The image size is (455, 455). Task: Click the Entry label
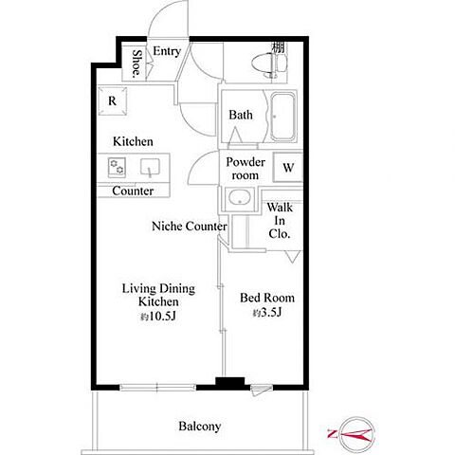pyautogui.click(x=167, y=51)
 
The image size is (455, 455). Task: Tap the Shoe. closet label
pyautogui.click(x=136, y=64)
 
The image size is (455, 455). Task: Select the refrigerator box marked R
pyautogui.click(x=112, y=101)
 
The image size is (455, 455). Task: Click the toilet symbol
pyautogui.click(x=269, y=64)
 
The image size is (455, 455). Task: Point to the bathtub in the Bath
pyautogui.click(x=282, y=117)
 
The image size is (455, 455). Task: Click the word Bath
pyautogui.click(x=241, y=115)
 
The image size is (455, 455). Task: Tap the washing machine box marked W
pyautogui.click(x=288, y=168)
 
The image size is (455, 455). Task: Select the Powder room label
pyautogui.click(x=246, y=169)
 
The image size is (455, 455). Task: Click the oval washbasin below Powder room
pyautogui.click(x=240, y=198)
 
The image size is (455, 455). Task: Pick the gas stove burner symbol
pyautogui.click(x=117, y=167)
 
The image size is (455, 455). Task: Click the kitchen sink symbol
pyautogui.click(x=150, y=168)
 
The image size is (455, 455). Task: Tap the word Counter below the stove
pyautogui.click(x=133, y=191)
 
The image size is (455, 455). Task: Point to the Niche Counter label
pyautogui.click(x=190, y=227)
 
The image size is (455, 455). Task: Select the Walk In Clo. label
pyautogui.click(x=280, y=221)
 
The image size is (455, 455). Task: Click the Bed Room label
pyautogui.click(x=267, y=298)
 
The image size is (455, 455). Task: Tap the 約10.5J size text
pyautogui.click(x=158, y=317)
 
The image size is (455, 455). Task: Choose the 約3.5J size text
pyautogui.click(x=267, y=313)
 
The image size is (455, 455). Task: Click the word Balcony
pyautogui.click(x=200, y=427)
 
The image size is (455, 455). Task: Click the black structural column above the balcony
pyautogui.click(x=230, y=383)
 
